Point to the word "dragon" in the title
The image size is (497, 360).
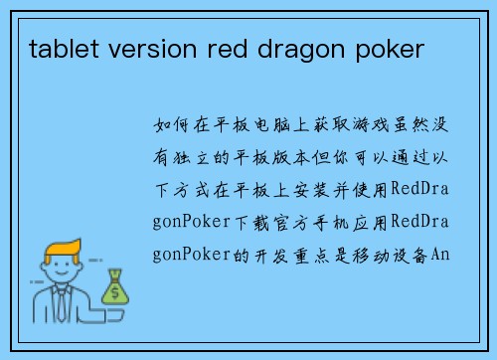(267, 47)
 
